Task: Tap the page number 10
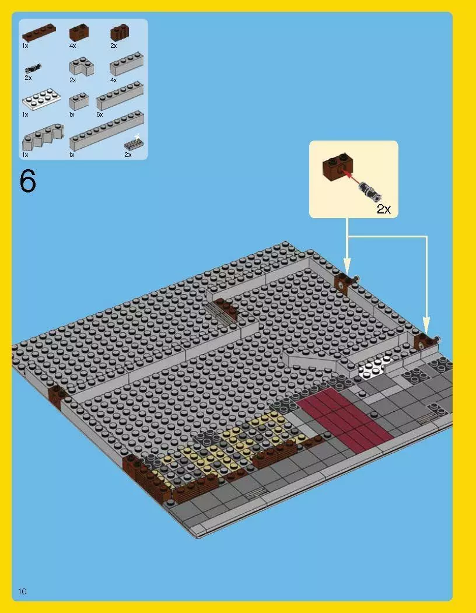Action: tap(22, 591)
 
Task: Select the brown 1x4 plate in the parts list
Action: tap(39, 33)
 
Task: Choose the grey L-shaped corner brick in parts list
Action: tap(80, 68)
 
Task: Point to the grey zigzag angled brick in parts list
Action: tap(42, 139)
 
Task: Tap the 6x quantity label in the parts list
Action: tap(99, 115)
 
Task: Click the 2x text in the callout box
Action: tap(383, 209)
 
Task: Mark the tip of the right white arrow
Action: tap(426, 332)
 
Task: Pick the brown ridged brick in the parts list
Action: tap(119, 33)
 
